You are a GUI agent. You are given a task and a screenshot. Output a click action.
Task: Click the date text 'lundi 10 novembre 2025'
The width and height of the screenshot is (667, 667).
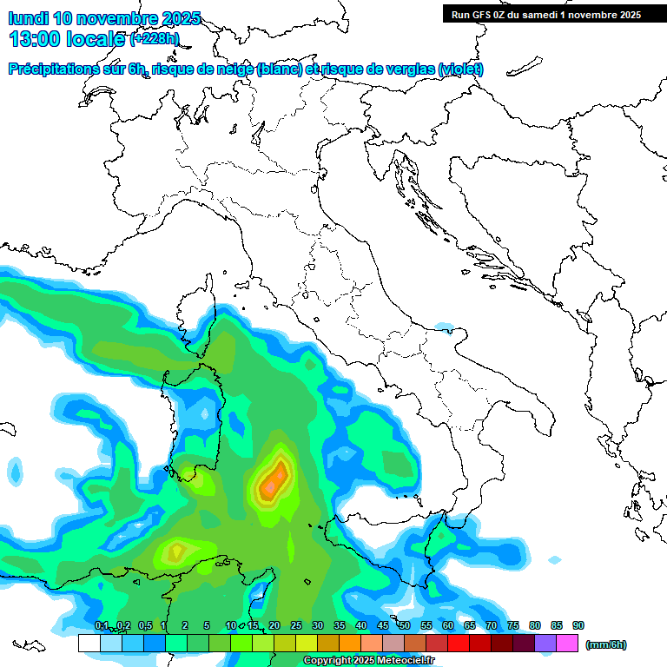point(104,18)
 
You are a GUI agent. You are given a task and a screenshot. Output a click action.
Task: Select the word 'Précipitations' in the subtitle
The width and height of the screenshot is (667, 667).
point(57,69)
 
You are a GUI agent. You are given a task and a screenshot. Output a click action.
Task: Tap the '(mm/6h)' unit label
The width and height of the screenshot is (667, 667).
point(605,644)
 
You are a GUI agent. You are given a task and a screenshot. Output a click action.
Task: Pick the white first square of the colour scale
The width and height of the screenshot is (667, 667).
point(89,644)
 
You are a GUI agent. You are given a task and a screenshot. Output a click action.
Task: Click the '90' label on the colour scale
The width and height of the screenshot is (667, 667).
point(578,626)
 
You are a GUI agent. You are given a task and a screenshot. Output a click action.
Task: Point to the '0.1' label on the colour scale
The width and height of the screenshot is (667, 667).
point(101,626)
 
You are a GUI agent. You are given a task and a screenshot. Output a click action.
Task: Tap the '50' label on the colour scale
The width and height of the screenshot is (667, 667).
point(404,626)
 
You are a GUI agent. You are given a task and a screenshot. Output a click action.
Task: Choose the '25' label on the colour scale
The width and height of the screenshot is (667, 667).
point(295,626)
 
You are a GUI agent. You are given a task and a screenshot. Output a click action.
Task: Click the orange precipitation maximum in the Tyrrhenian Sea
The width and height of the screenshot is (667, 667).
point(274,479)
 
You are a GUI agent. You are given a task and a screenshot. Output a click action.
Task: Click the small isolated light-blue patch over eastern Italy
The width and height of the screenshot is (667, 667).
point(444,327)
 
